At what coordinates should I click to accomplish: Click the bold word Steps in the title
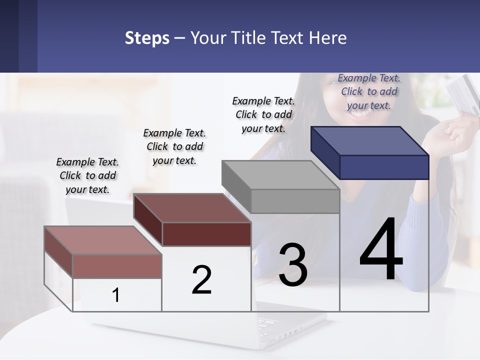147,38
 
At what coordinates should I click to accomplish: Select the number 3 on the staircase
293,265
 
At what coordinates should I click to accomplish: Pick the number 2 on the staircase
201,280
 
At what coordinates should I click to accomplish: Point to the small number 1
115,295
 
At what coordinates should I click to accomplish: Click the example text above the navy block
369,91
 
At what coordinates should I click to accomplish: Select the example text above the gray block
263,114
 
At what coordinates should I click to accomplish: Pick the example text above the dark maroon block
174,146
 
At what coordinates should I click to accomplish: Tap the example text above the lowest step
87,175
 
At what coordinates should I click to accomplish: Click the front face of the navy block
384,167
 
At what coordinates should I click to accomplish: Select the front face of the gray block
295,201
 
